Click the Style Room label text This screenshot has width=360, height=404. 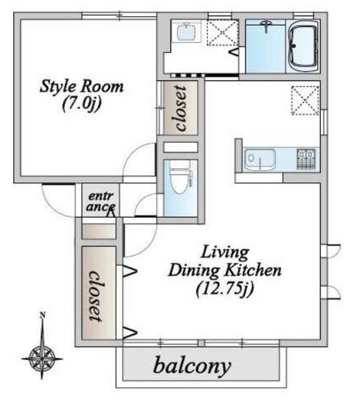[82, 86]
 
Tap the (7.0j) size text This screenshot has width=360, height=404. [82, 104]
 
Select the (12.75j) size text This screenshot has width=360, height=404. [225, 289]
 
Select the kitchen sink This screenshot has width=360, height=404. [260, 159]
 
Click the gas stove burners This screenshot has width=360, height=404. [306, 159]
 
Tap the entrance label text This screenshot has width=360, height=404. [101, 201]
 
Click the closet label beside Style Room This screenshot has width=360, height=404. [181, 108]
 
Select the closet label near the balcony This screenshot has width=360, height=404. [97, 296]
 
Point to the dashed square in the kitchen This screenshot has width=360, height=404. [305, 101]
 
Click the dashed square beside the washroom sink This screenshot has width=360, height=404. [223, 33]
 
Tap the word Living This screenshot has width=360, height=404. [225, 253]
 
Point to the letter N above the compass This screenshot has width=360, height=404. [43, 315]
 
